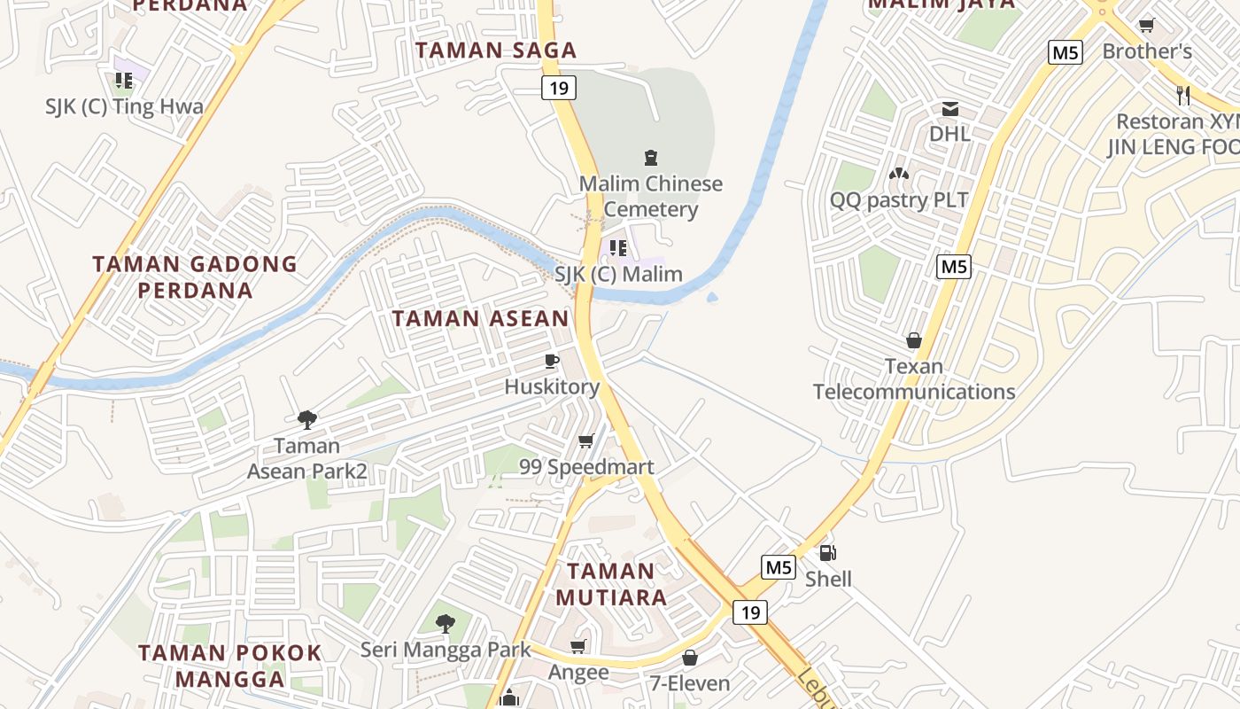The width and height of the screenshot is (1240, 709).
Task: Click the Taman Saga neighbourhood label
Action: pos(496,51)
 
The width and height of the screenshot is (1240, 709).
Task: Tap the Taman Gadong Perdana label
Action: pos(195,277)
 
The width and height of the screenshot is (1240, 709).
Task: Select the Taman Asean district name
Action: pos(480,318)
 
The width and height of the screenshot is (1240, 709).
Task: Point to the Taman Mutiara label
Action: pos(611,584)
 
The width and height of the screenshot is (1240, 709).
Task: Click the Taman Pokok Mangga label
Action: pos(230,666)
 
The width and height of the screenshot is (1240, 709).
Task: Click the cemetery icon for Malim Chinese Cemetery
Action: pos(651,159)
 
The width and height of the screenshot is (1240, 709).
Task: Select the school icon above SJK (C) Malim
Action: pos(618,248)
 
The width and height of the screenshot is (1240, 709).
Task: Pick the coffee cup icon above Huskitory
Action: pos(552,361)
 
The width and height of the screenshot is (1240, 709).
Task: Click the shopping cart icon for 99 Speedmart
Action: pos(585,440)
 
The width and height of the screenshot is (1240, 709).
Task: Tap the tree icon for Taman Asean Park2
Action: pos(307,419)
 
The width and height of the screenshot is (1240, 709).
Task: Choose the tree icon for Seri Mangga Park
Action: pos(446,624)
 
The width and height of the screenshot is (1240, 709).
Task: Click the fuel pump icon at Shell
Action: pos(828,553)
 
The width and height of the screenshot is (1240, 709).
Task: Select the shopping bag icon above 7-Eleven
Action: pos(690,658)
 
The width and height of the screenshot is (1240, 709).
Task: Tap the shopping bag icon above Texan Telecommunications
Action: pos(914,340)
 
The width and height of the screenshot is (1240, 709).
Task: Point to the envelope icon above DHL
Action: pos(950,109)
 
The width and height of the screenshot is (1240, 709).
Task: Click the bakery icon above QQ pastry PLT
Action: pos(899,174)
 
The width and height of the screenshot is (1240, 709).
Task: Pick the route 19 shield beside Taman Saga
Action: pos(559,87)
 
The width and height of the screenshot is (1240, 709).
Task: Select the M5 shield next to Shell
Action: pos(779,567)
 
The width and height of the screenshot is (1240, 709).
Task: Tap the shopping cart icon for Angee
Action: pos(578,647)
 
